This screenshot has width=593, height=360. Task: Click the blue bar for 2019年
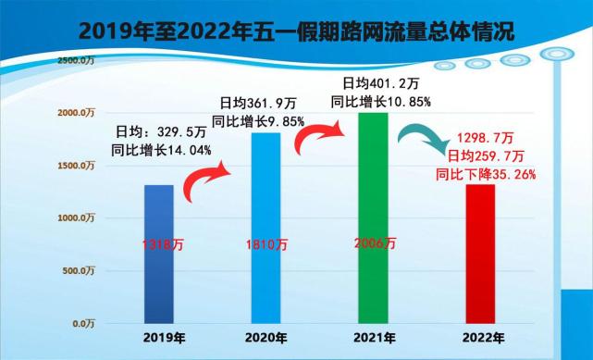pos(160,254)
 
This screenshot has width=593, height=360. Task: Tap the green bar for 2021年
pos(374,218)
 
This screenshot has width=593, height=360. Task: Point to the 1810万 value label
pos(266,245)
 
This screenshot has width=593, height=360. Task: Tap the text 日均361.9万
pos(257,103)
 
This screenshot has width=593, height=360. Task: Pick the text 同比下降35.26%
pos(486,172)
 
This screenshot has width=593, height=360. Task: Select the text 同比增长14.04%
pos(163,149)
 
